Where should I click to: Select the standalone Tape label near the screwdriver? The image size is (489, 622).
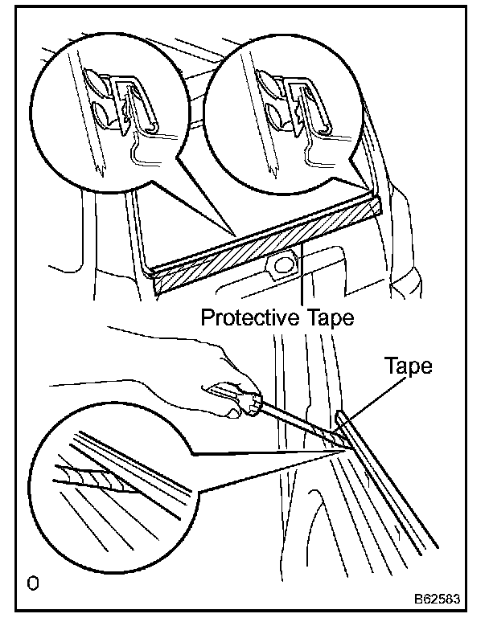click(409, 368)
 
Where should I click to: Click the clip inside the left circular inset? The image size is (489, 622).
click(129, 104)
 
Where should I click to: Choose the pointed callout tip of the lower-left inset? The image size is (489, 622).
click(343, 451)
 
